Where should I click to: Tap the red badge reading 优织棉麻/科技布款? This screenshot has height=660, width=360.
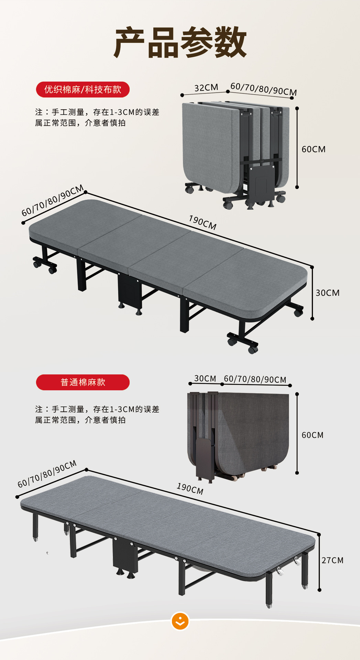(83, 90)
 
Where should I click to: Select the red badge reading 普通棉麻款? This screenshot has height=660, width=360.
(83, 382)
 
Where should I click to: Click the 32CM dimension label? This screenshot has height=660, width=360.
(206, 88)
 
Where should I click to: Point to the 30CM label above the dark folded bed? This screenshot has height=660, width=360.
(205, 378)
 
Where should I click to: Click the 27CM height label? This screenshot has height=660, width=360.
(332, 560)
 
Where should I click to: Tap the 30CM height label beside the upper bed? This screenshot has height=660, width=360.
(327, 293)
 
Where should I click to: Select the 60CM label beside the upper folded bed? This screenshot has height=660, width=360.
(313, 149)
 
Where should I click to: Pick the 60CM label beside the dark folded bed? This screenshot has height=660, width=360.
(312, 435)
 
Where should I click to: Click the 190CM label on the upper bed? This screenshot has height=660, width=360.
(203, 223)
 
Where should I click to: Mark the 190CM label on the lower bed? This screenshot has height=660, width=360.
(190, 488)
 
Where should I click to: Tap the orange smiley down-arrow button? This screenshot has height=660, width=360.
(180, 621)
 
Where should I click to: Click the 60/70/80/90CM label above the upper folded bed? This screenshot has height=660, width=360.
(263, 89)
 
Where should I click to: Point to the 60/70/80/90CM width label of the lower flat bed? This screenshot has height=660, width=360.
(47, 474)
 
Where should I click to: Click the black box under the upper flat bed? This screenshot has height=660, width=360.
(129, 290)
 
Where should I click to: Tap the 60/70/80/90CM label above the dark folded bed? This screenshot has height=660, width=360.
(255, 379)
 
